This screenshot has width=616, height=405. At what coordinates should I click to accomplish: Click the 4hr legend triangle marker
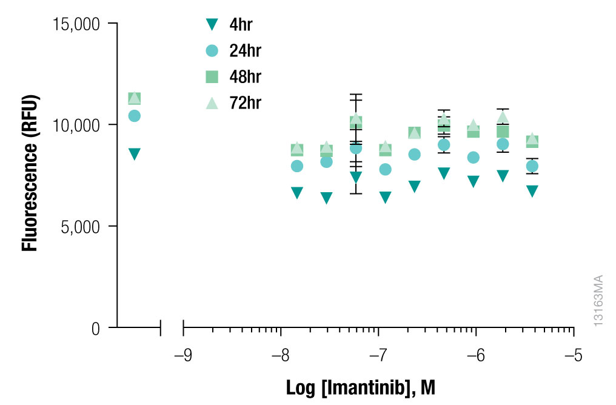click(x=212, y=25)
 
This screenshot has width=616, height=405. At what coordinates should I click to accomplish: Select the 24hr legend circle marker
click(x=212, y=51)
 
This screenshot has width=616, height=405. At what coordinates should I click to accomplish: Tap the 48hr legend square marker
click(x=212, y=76)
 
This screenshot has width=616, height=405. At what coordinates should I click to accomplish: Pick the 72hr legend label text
click(x=246, y=102)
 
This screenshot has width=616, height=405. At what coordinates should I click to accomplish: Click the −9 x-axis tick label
click(x=182, y=355)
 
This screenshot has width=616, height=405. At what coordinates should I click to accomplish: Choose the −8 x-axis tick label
click(x=280, y=355)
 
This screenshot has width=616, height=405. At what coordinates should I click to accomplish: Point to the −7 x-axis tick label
click(x=377, y=355)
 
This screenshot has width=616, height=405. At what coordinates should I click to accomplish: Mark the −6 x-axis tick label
click(x=475, y=355)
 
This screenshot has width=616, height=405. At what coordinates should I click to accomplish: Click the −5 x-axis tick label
click(x=572, y=355)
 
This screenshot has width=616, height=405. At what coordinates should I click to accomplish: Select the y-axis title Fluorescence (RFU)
click(x=30, y=173)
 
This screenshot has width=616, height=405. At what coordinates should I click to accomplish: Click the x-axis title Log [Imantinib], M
click(x=361, y=387)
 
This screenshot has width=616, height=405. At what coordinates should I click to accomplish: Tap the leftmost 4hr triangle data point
click(x=135, y=154)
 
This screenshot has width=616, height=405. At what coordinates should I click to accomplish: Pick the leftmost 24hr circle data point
click(x=135, y=116)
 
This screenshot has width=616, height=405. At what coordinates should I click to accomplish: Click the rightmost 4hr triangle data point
click(x=532, y=191)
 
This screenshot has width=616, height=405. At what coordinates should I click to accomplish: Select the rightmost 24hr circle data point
click(x=532, y=166)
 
